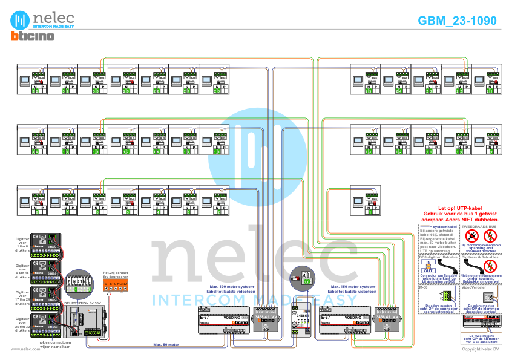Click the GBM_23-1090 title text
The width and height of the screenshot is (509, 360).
pyautogui.click(x=457, y=21)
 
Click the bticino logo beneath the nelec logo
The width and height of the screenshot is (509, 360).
pyautogui.click(x=32, y=37)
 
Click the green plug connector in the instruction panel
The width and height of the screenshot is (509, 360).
pyautogui.click(x=446, y=295)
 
